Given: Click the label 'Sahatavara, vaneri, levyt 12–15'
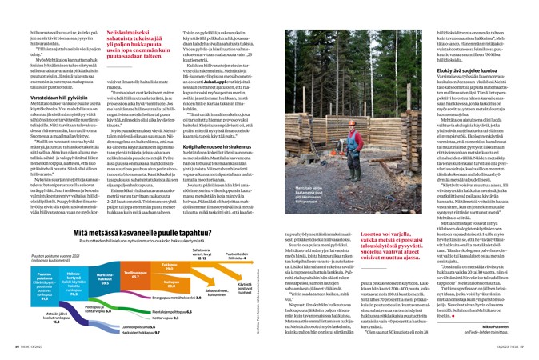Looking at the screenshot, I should click(x=202, y=254).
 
